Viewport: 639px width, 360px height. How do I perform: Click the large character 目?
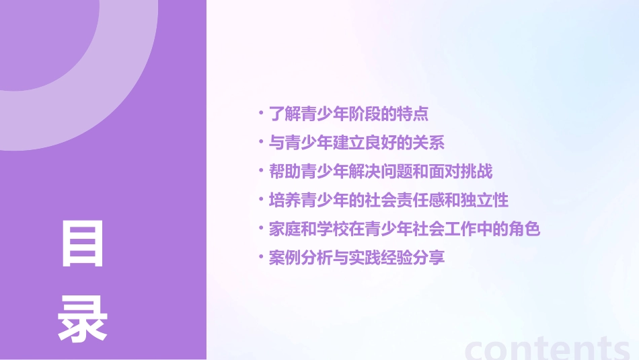(83, 244)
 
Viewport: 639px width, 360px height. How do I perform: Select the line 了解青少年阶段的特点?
(348, 114)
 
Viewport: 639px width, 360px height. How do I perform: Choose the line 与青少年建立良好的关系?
(356, 143)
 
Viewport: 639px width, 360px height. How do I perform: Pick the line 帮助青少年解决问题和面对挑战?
(381, 172)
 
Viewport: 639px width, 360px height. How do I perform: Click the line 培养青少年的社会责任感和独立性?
(389, 200)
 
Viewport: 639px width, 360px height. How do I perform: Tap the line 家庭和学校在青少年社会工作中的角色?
(404, 229)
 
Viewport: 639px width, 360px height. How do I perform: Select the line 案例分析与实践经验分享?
(356, 258)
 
